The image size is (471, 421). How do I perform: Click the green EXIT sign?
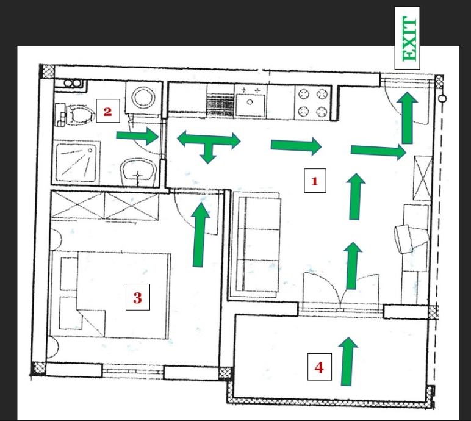[407, 38]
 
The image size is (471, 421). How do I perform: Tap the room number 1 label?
[315, 181]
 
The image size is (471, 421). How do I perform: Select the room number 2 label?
[108, 111]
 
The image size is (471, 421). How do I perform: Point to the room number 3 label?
[137, 297]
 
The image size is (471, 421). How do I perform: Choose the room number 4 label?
[319, 367]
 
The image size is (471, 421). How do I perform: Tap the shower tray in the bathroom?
[77, 163]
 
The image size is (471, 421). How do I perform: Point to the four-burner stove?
[313, 103]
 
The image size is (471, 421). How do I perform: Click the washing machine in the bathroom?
[144, 97]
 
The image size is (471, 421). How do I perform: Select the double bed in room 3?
[110, 295]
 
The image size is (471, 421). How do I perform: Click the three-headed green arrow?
[209, 143]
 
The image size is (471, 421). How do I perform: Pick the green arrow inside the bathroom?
[137, 136]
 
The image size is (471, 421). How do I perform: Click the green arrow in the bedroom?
[199, 235]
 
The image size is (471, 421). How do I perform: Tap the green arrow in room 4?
[348, 361]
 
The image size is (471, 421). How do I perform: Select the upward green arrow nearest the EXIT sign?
[408, 118]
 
